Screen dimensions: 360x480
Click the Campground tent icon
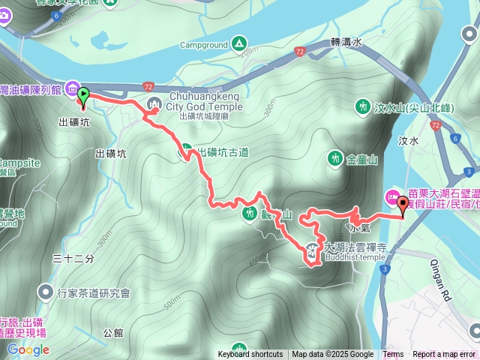click(238, 43)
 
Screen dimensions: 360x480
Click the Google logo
click(28, 349)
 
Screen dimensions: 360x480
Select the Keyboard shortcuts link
click(250, 355)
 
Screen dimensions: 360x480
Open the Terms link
click(393, 355)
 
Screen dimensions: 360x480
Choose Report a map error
click(444, 355)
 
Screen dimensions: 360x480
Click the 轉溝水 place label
click(346, 43)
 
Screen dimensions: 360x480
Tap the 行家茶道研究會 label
click(94, 292)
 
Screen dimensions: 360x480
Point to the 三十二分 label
click(74, 258)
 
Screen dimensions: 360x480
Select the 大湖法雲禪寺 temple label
click(355, 246)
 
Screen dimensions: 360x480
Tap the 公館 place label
click(113, 331)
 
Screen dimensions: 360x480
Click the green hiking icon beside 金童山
click(334, 158)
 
